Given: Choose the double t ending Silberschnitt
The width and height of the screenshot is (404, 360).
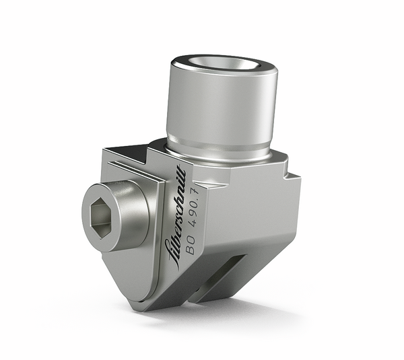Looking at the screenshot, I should [178, 175].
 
